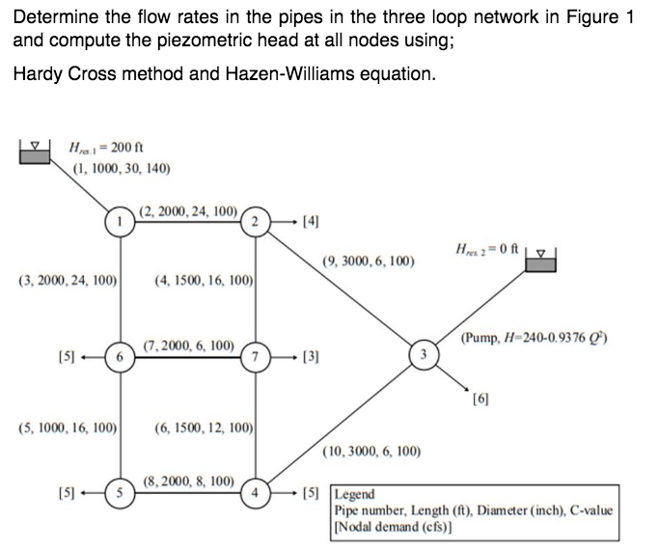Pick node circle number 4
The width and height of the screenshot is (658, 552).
pyautogui.click(x=256, y=486)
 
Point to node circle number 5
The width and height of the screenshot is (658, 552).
pyautogui.click(x=121, y=486)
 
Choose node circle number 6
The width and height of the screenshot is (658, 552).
pyautogui.click(x=121, y=354)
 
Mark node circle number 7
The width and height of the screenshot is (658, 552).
pyautogui.click(x=256, y=354)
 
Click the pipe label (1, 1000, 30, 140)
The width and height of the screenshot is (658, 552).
pyautogui.click(x=123, y=168)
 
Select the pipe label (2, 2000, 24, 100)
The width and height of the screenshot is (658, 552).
pyautogui.click(x=188, y=209)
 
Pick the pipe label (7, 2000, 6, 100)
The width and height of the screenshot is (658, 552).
pyautogui.click(x=188, y=345)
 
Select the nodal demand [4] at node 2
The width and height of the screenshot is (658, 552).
pyautogui.click(x=308, y=221)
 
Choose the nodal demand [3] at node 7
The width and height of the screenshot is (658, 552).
pyautogui.click(x=308, y=355)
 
